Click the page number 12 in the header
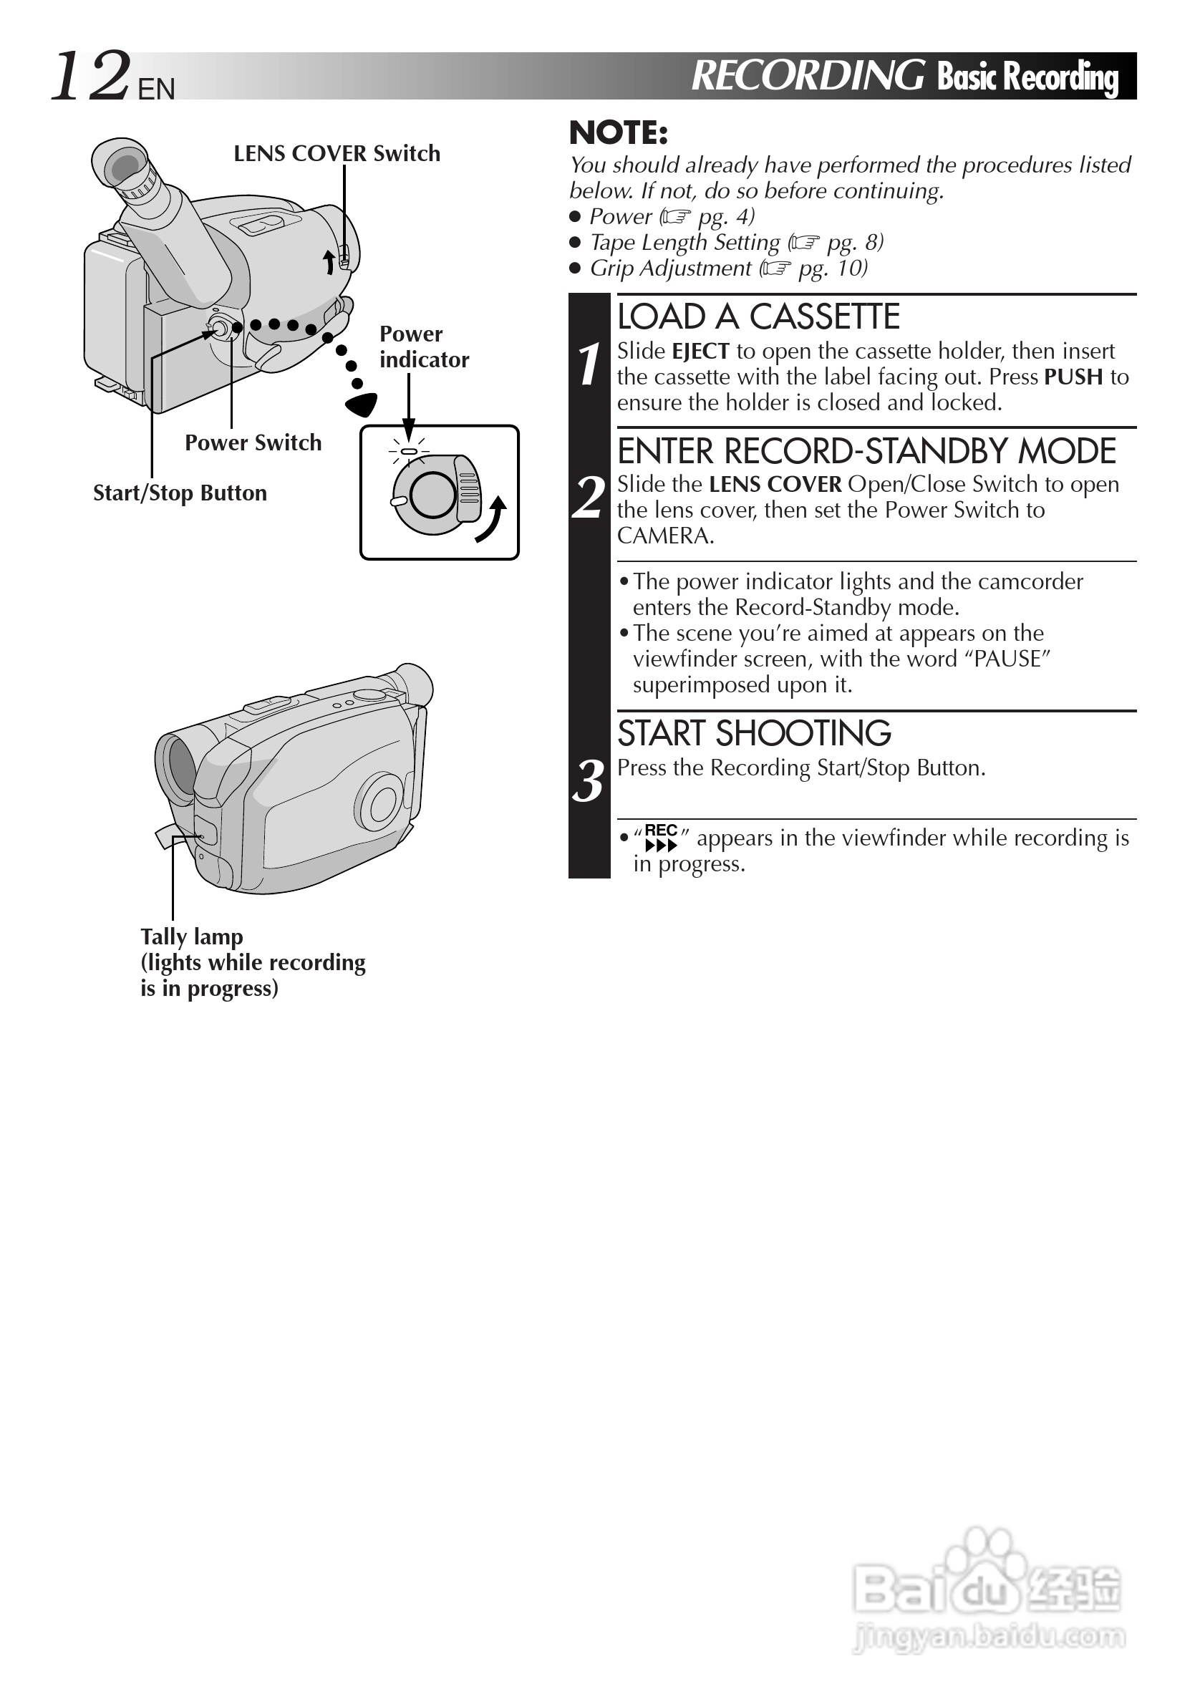pyautogui.click(x=91, y=77)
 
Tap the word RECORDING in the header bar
pyautogui.click(x=808, y=76)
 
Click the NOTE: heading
pyautogui.click(x=618, y=134)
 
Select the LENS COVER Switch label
pyautogui.click(x=337, y=154)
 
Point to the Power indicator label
pyautogui.click(x=424, y=347)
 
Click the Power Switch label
pyautogui.click(x=253, y=443)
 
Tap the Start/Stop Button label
pyautogui.click(x=180, y=493)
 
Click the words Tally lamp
pyautogui.click(x=192, y=936)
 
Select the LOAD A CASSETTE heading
pyautogui.click(x=758, y=318)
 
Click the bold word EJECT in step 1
pyautogui.click(x=700, y=352)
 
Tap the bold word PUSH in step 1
pyautogui.click(x=1073, y=378)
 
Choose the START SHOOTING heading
pyautogui.click(x=754, y=734)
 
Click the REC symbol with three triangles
pyautogui.click(x=660, y=838)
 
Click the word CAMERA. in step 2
pyautogui.click(x=665, y=536)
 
